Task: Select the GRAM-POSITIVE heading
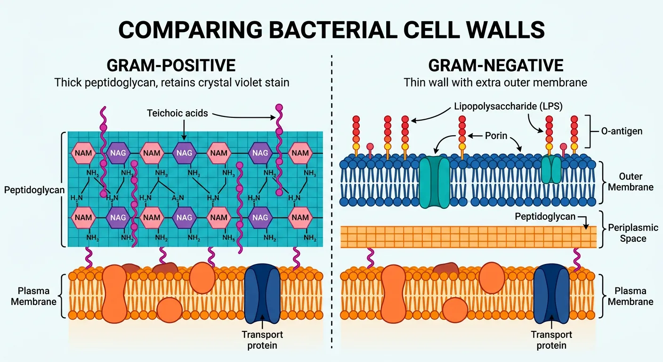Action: point(171,65)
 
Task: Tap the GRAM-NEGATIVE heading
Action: point(495,65)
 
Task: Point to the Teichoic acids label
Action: point(177,113)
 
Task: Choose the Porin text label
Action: point(496,136)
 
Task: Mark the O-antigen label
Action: point(622,131)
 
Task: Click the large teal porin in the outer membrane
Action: point(435,183)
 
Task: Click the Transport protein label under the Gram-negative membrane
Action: point(551,340)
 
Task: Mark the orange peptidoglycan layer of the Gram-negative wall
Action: point(466,237)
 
